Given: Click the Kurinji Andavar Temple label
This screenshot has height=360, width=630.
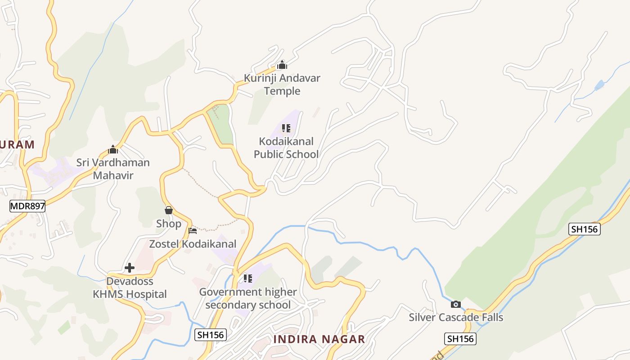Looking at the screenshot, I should [282, 85].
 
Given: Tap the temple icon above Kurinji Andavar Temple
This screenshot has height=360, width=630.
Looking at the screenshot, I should [282, 65].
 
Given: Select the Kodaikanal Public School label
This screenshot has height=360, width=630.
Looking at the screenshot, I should [286, 148].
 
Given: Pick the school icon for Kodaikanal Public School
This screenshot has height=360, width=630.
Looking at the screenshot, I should [286, 129].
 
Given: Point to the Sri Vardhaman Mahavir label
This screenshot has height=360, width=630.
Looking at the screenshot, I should [113, 169].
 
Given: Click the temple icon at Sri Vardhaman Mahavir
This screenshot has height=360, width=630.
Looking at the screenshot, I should [113, 149].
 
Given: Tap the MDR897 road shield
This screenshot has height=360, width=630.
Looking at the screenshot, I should [27, 207].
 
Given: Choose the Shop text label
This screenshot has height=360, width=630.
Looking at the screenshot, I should [169, 224].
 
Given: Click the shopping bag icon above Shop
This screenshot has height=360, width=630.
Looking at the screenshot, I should [169, 210].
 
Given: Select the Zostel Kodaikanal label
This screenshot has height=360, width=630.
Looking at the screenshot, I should [193, 244].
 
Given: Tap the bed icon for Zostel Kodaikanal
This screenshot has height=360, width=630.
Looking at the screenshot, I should [193, 231].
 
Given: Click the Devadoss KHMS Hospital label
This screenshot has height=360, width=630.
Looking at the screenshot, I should [130, 288].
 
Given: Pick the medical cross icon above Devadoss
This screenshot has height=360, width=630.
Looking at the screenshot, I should [130, 268].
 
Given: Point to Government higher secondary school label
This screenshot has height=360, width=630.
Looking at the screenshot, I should [248, 298].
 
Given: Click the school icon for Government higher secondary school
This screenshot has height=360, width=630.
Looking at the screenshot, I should [247, 279].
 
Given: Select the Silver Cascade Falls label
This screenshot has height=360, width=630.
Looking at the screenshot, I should [456, 317].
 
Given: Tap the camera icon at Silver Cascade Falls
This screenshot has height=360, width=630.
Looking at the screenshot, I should [456, 305].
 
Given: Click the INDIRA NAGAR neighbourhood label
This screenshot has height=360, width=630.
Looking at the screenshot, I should [319, 339].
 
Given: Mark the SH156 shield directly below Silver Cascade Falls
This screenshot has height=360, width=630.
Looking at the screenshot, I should [460, 338].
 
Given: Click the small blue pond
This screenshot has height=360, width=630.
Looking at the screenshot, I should [599, 85].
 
